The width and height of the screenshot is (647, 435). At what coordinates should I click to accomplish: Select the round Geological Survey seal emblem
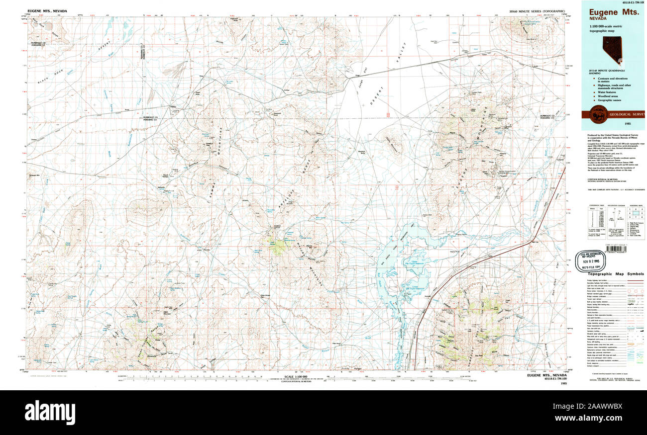[595, 113]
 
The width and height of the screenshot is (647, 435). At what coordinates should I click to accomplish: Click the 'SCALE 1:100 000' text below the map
[296, 376]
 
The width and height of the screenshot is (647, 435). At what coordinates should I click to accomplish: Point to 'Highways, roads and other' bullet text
[615, 85]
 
